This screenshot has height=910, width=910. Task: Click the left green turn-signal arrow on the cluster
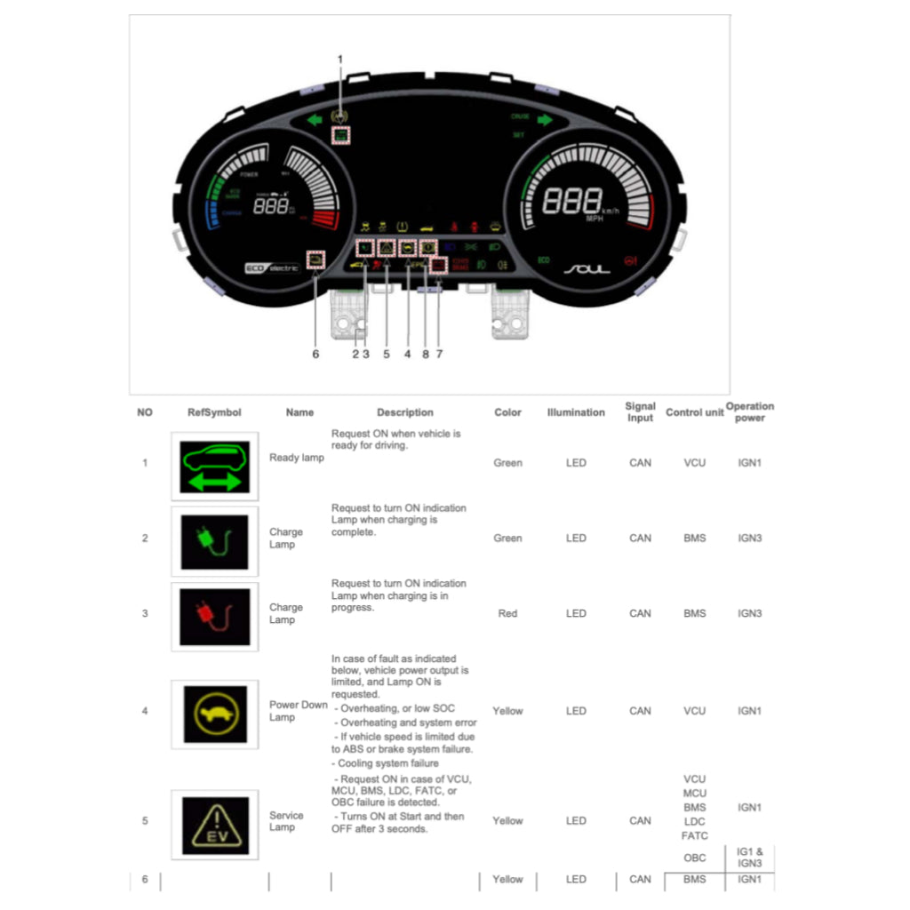click(x=313, y=120)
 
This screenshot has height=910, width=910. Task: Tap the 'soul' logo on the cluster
click(x=586, y=267)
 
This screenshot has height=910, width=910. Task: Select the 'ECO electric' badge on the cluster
click(x=273, y=267)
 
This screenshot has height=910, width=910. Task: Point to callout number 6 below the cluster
click(x=315, y=354)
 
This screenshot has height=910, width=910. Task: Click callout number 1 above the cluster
click(x=339, y=60)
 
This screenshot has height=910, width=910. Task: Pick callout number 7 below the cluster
click(x=439, y=354)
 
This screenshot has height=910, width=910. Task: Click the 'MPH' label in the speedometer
click(x=594, y=218)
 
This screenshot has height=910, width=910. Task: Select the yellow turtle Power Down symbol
click(x=214, y=714)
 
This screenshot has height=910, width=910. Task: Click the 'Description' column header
click(x=404, y=412)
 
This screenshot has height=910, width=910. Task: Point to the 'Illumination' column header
click(x=576, y=412)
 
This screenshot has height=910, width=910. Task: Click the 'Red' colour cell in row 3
click(x=507, y=613)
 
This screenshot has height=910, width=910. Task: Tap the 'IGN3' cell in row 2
click(x=749, y=538)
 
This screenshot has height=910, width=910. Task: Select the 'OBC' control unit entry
click(x=695, y=857)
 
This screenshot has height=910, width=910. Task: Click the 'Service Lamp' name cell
click(x=286, y=821)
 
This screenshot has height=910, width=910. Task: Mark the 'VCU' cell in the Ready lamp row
click(x=694, y=462)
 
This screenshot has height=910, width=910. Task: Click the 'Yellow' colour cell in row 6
click(x=507, y=879)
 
